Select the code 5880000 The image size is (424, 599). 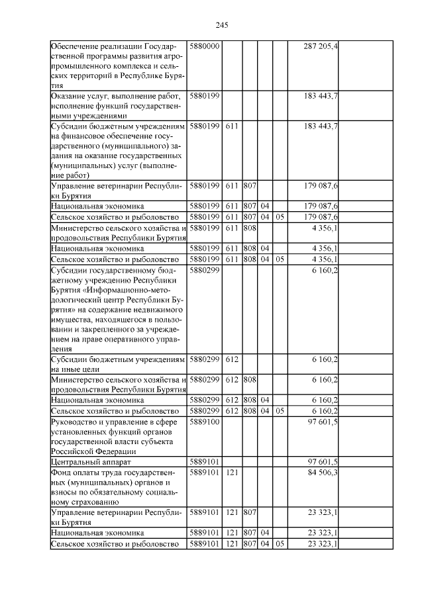pyautogui.click(x=205, y=46)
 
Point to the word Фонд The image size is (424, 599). pyautogui.click(x=61, y=472)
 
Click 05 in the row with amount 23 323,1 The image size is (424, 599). pyautogui.click(x=280, y=543)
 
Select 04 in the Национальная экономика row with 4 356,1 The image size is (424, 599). pyautogui.click(x=265, y=248)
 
